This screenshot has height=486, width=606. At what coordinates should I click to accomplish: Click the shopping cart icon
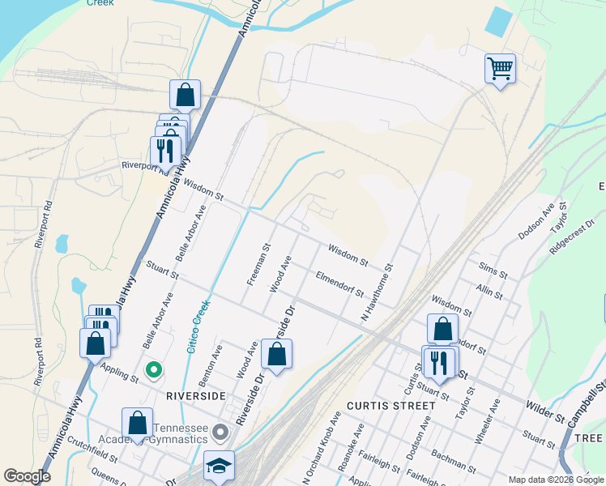(501, 68)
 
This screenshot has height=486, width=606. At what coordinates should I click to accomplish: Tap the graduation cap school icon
(218, 466)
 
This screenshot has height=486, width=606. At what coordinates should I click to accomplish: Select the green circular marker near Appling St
(152, 371)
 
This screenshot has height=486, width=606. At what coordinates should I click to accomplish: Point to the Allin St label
(490, 289)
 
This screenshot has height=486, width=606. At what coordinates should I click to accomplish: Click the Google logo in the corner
(27, 476)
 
